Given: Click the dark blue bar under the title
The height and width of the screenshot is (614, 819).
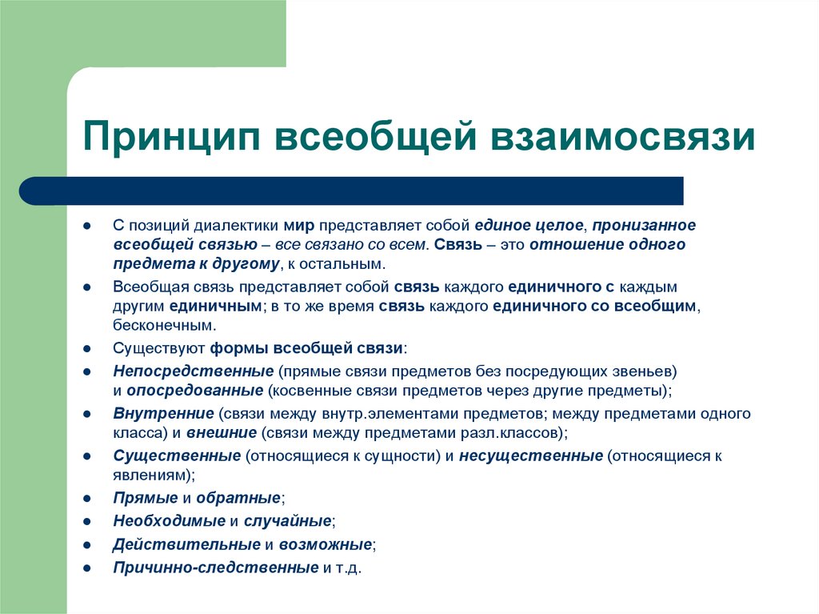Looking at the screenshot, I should [352, 191].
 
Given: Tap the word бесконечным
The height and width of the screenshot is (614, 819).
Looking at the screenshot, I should [165, 326].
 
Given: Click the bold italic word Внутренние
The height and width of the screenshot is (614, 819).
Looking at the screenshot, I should [163, 414].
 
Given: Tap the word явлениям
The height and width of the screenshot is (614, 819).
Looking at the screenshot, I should [152, 476].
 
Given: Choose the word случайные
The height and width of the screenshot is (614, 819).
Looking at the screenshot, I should [288, 521].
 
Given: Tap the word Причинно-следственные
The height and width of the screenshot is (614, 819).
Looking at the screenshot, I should [216, 568].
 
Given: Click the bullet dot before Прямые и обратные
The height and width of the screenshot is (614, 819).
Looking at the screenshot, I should [86, 498].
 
